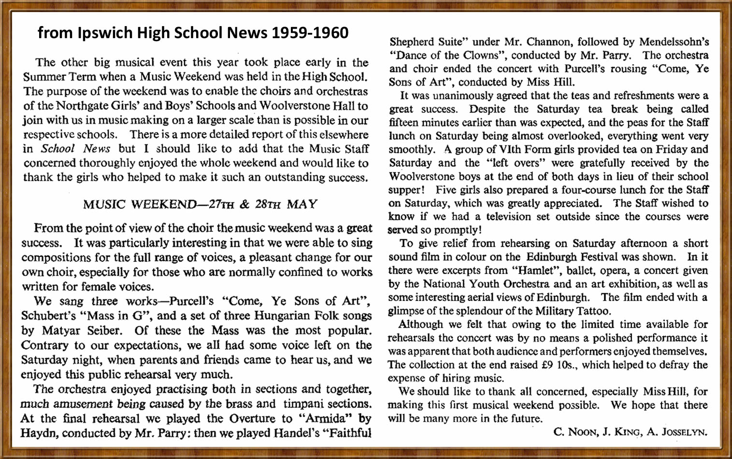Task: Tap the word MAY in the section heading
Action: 302,204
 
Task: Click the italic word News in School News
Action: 97,149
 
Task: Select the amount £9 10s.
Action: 558,365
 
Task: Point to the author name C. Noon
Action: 575,432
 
